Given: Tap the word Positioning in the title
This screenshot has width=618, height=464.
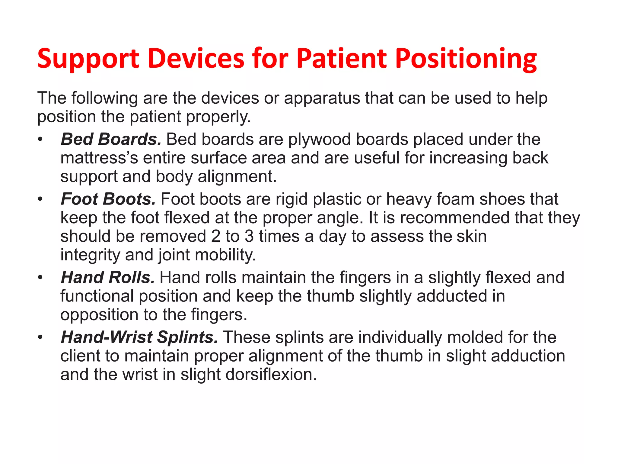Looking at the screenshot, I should point(466,59).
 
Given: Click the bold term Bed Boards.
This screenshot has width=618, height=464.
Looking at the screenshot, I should point(111,139).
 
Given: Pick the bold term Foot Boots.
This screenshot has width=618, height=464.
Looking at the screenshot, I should point(108,199).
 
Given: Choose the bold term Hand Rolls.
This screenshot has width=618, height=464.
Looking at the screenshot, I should point(108,277).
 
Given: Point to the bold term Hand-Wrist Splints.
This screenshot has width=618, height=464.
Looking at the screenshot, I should point(139,337).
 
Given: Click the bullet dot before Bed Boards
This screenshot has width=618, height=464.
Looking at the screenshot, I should point(40,140).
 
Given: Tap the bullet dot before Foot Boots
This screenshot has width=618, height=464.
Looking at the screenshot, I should point(40,199).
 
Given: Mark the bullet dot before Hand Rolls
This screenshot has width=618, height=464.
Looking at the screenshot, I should point(40,278).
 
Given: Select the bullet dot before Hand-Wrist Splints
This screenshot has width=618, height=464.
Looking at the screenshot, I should point(40,337).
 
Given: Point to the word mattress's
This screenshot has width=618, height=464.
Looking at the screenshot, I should point(99,158).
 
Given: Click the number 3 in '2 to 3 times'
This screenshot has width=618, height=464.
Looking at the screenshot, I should point(249,236).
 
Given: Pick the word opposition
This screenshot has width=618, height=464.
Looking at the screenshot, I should point(99,315).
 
